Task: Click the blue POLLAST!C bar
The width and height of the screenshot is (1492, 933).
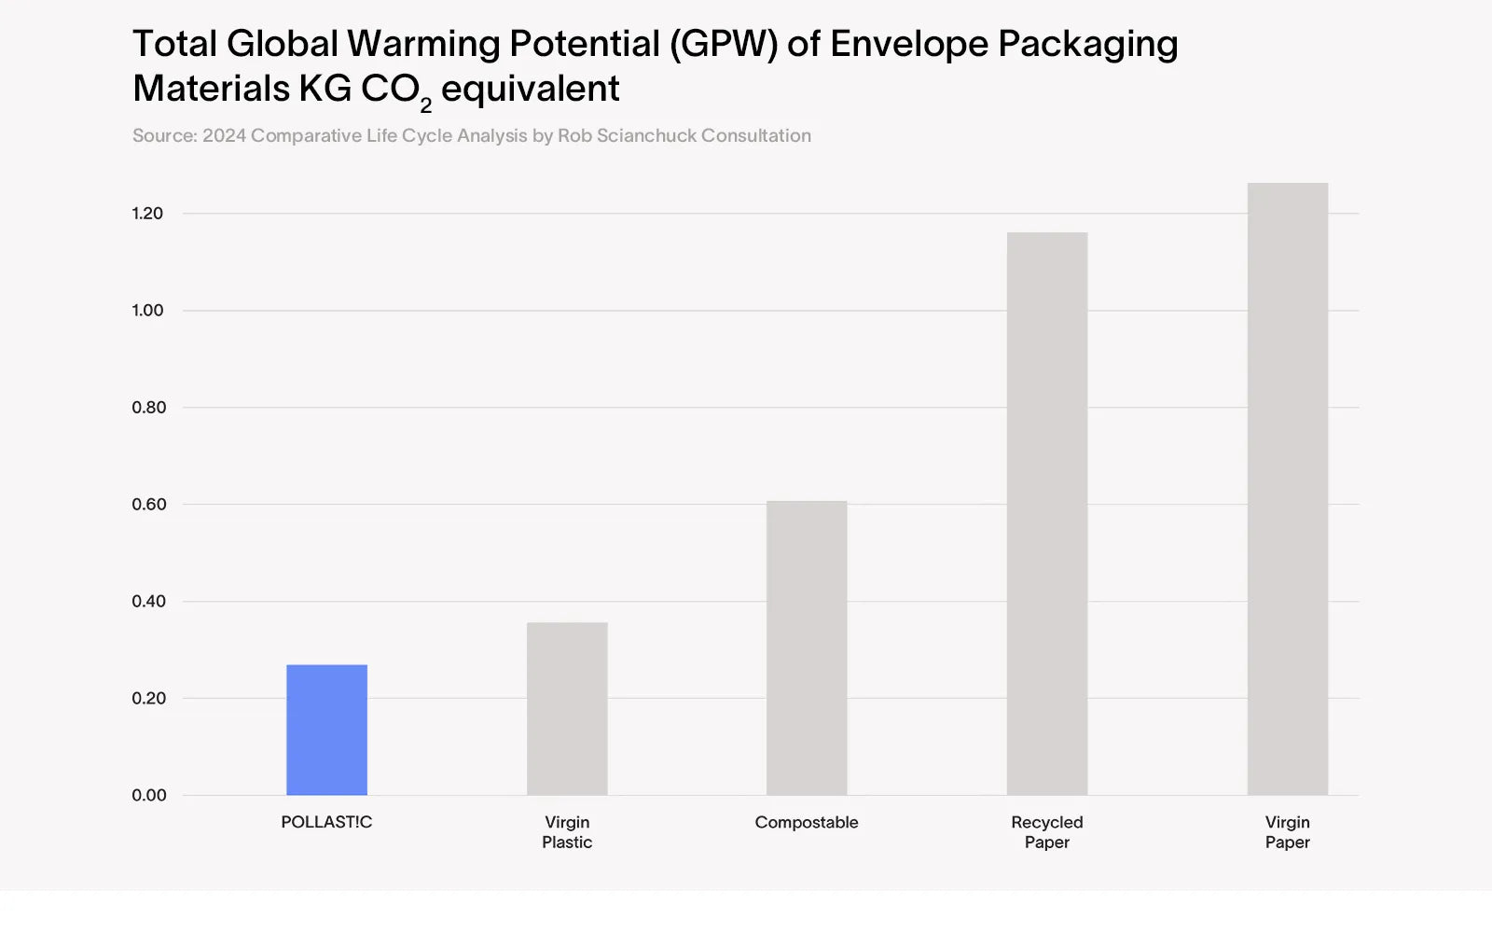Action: click(x=326, y=730)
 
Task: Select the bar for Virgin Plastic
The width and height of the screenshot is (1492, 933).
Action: click(x=567, y=709)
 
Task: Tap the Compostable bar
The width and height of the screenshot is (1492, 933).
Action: click(x=807, y=648)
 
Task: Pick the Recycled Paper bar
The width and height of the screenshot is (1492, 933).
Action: click(x=1047, y=513)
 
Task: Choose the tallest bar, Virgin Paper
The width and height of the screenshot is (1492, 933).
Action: click(x=1288, y=489)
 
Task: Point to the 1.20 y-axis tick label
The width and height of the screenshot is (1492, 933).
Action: click(x=147, y=214)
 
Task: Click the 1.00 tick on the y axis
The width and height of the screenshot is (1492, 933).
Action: click(x=147, y=311)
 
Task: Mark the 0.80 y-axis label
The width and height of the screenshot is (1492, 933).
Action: click(x=148, y=408)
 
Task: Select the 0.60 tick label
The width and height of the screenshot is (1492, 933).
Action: click(x=148, y=505)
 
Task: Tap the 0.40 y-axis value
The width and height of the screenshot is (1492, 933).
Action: click(x=148, y=602)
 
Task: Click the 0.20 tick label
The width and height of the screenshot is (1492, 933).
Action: click(x=148, y=699)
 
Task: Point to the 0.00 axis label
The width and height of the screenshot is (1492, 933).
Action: click(x=148, y=796)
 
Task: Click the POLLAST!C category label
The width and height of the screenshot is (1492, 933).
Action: click(x=326, y=822)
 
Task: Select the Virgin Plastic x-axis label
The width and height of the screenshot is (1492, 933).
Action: click(x=567, y=832)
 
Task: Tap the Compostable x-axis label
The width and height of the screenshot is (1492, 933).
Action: click(x=807, y=822)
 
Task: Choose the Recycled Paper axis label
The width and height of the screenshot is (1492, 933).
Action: click(x=1047, y=832)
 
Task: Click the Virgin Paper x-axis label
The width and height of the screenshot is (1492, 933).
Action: click(x=1288, y=832)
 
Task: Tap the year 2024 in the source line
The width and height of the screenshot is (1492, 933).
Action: click(x=224, y=136)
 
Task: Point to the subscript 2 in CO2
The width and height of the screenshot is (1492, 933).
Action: click(x=426, y=104)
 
